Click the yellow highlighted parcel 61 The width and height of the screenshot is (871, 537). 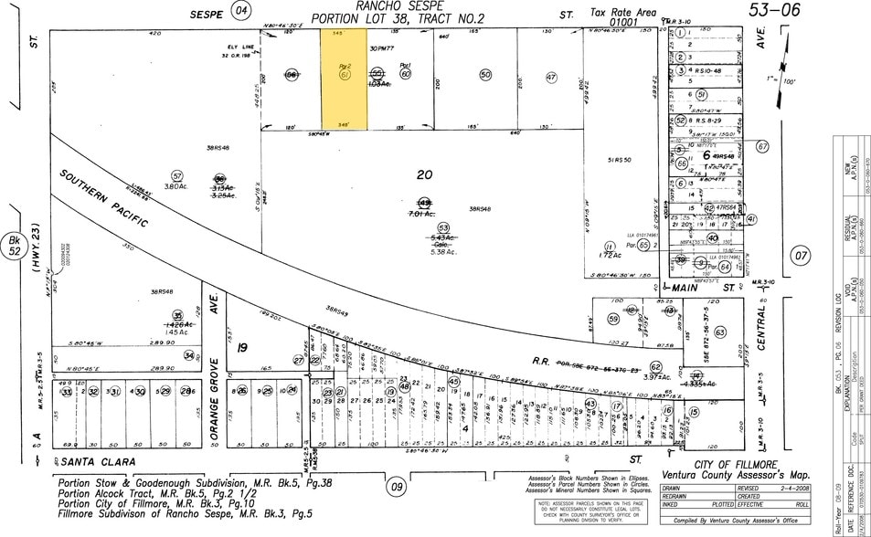(344, 78)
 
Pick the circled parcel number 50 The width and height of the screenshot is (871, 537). (485, 75)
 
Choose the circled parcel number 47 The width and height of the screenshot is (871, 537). (551, 78)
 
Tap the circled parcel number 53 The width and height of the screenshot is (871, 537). (443, 227)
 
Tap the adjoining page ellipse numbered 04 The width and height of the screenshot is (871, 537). (241, 11)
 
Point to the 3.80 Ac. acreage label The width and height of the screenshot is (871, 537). (175, 186)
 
